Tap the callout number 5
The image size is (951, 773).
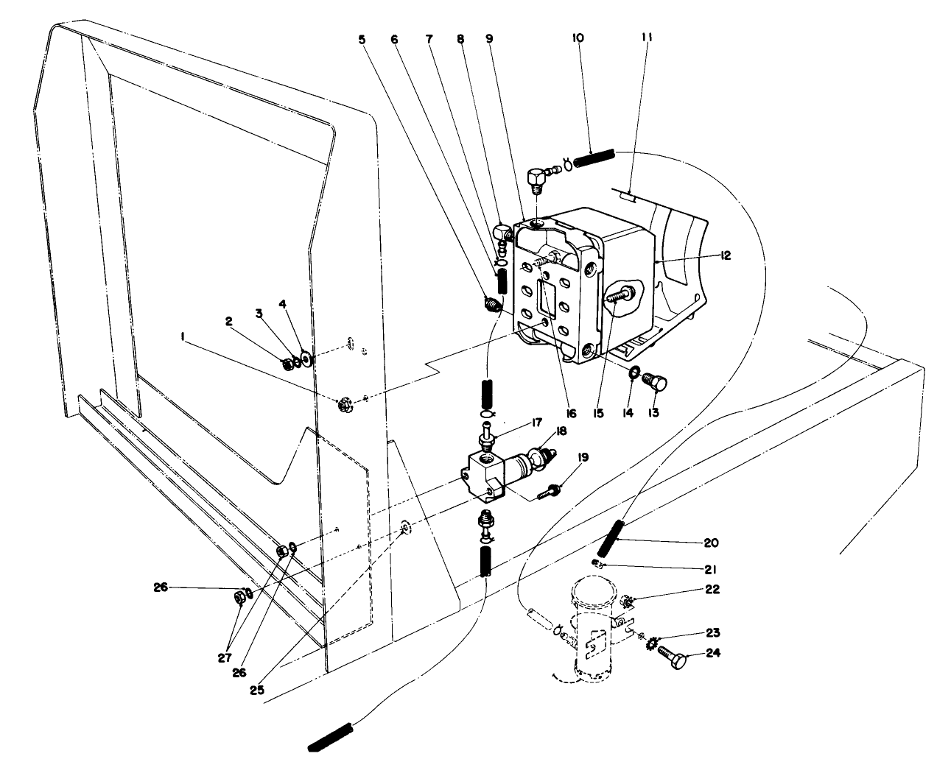tap(362, 40)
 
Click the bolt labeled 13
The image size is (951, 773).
tap(653, 382)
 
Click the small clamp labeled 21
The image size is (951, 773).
tap(598, 564)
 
